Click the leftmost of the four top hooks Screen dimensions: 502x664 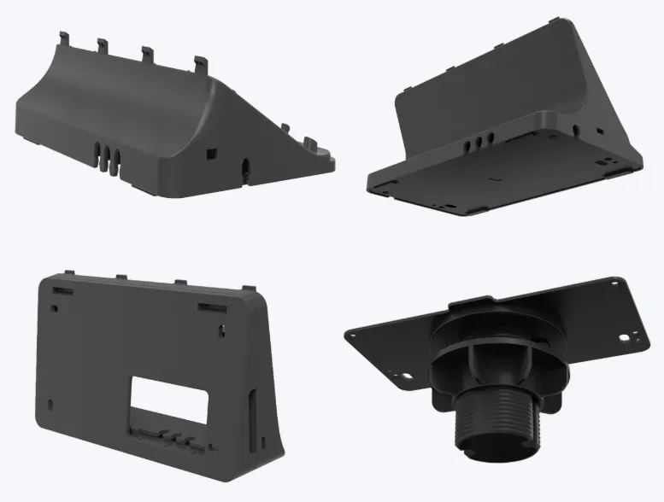66,38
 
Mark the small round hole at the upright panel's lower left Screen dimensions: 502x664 51,402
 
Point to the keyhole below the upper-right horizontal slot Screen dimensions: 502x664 221,328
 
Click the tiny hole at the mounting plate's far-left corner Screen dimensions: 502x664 350,335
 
